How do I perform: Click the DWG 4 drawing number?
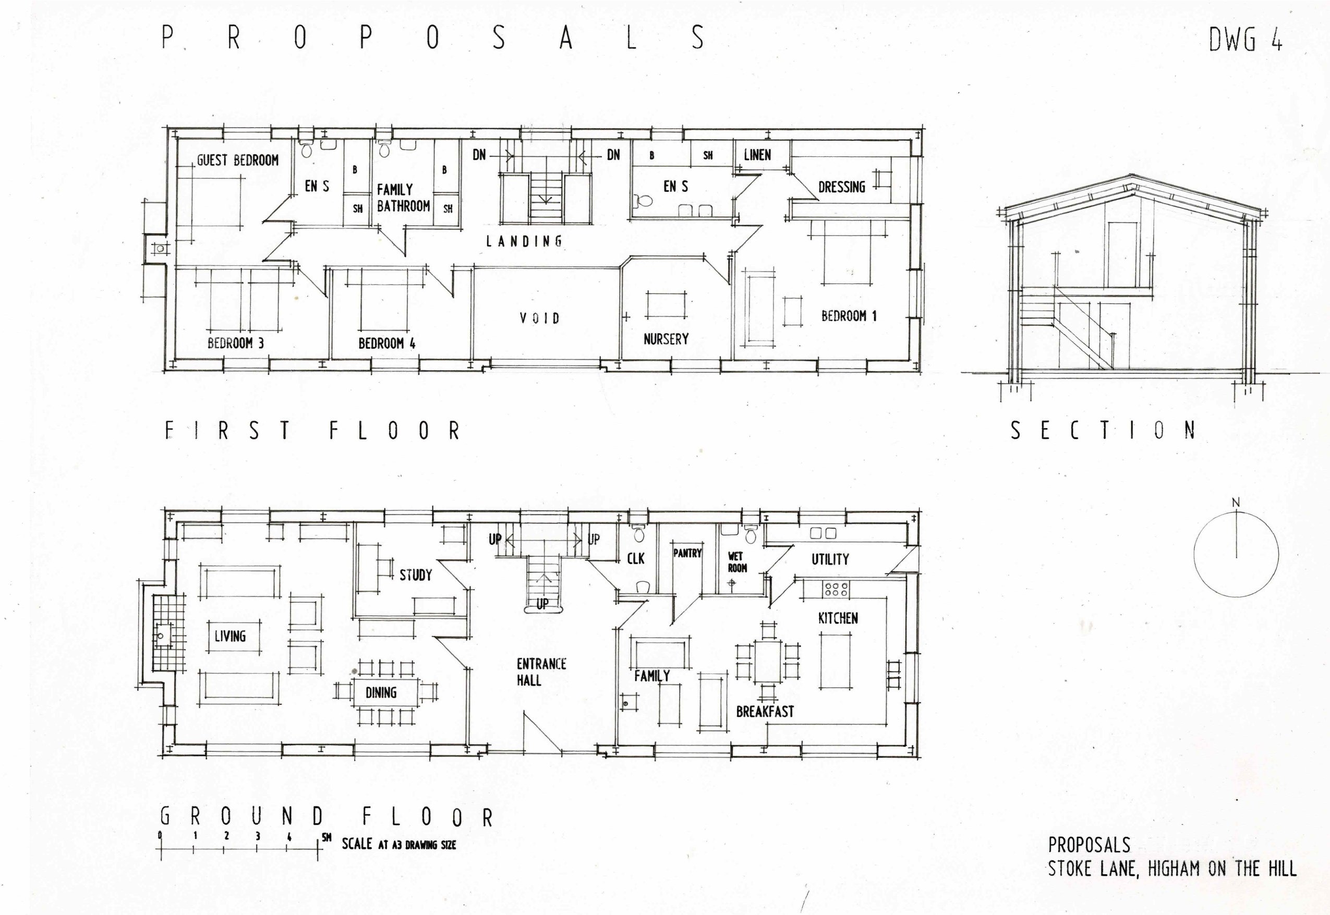(x=1245, y=40)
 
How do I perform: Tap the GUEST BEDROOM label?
(x=237, y=161)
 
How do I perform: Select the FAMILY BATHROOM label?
(x=403, y=198)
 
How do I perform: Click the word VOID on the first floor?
(x=539, y=318)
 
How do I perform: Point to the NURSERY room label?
(x=666, y=339)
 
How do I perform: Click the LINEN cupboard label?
(x=757, y=155)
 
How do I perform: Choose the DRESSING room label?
(x=841, y=187)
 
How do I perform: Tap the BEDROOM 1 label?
(x=849, y=316)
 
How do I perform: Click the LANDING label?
(x=524, y=241)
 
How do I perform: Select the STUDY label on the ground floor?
(x=415, y=575)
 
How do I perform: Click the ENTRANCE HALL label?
(x=540, y=672)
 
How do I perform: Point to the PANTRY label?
(x=687, y=553)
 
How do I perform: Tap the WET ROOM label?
(x=737, y=562)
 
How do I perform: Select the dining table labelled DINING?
(x=381, y=692)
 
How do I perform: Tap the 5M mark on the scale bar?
(x=326, y=838)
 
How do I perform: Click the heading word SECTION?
(x=1102, y=431)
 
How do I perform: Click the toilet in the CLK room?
(x=639, y=535)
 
